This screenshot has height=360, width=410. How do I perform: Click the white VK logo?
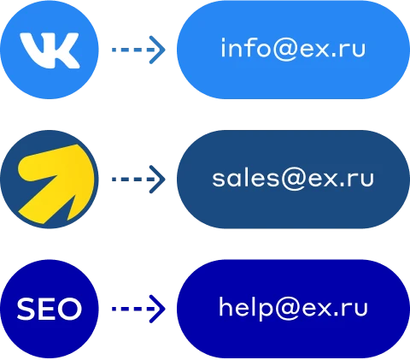(x=50, y=50)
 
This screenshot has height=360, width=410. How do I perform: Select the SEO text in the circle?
(x=50, y=309)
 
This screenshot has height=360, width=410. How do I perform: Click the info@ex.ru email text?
(x=293, y=50)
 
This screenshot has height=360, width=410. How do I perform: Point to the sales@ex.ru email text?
(x=293, y=180)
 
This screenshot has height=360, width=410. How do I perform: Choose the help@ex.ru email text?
(x=293, y=309)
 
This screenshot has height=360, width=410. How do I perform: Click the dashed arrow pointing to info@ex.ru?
(x=138, y=50)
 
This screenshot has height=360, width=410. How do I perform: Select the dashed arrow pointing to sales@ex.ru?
(x=138, y=180)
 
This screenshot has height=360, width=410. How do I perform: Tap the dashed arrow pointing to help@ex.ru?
(x=138, y=309)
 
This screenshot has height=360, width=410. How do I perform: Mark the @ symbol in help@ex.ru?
(x=287, y=310)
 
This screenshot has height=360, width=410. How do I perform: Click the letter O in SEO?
(x=69, y=309)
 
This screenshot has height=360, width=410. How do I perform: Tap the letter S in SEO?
(x=26, y=309)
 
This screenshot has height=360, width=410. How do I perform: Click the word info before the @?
(x=246, y=48)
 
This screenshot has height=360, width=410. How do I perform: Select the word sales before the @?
(x=246, y=178)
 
